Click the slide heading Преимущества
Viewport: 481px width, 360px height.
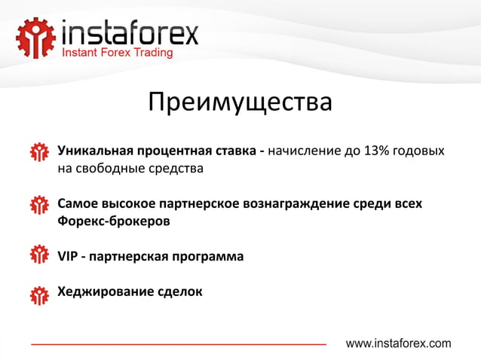coord(240,102)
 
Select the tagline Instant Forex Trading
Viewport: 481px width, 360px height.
coord(117,53)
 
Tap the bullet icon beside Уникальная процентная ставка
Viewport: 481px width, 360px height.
coord(38,153)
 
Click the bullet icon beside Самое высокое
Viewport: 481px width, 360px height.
coord(38,206)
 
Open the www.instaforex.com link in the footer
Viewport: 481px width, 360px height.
coord(398,343)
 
